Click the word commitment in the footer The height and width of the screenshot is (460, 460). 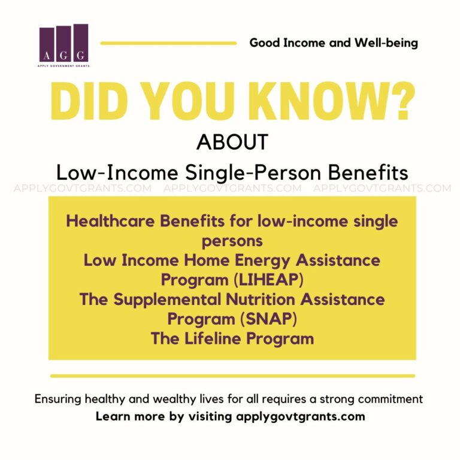391,399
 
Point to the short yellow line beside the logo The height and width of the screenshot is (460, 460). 168,43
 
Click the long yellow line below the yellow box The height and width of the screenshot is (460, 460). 232,376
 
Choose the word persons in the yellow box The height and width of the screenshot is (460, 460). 232,241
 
